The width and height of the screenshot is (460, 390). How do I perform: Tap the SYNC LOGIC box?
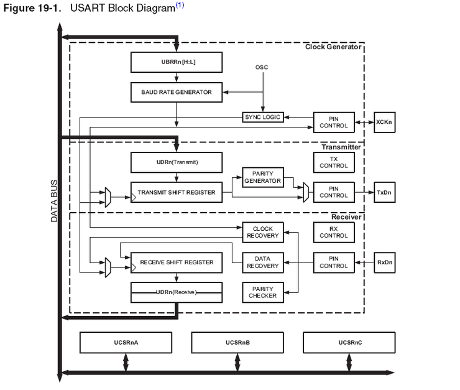[x=262, y=117]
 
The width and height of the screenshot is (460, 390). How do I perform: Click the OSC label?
[x=262, y=67]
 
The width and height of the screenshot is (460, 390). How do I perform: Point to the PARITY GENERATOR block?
[x=262, y=177]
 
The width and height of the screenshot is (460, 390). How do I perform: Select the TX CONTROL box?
[x=334, y=162]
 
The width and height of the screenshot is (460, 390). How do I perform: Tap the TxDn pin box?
[x=384, y=192]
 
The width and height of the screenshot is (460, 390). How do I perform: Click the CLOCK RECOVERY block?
[x=262, y=233]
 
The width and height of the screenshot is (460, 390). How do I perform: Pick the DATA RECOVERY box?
[x=262, y=262]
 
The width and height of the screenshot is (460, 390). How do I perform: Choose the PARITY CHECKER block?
[x=262, y=292]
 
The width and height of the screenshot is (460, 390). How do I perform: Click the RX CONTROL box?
[x=334, y=233]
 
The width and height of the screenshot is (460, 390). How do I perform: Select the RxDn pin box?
[x=384, y=262]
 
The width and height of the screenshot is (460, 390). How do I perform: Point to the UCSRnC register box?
[x=348, y=342]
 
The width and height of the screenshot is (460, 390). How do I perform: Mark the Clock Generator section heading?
[x=333, y=47]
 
